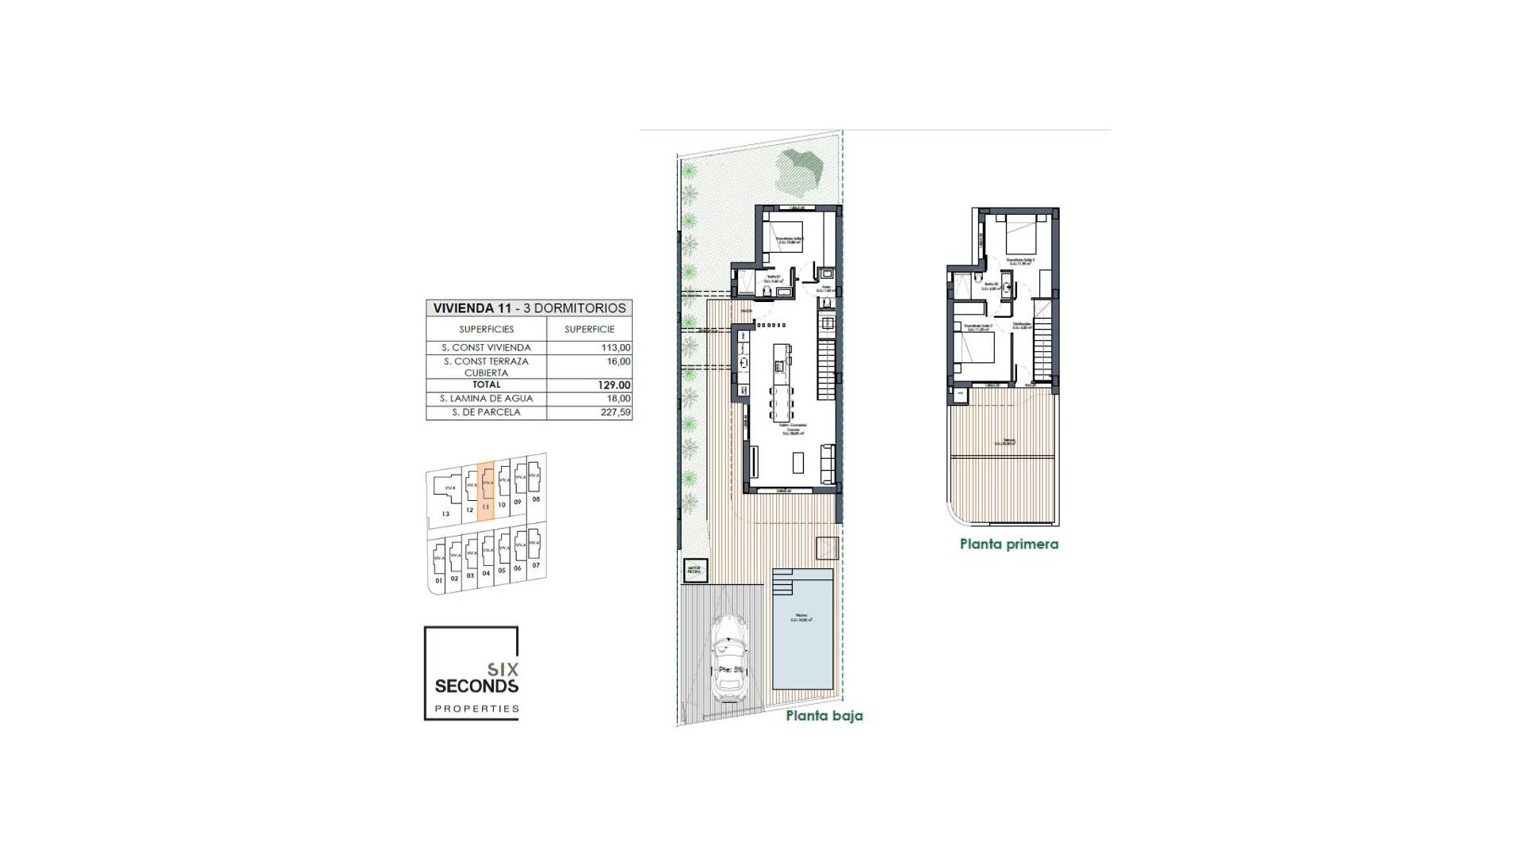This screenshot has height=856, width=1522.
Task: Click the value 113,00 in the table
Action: pos(615,347)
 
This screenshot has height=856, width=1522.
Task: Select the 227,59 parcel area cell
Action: pos(615,412)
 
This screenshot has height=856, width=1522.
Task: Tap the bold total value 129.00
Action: pos(614,385)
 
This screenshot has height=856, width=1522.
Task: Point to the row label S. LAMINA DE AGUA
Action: pos(486,399)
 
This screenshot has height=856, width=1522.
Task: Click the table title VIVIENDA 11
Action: pos(472,308)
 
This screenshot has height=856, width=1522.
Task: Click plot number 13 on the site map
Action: pos(446,514)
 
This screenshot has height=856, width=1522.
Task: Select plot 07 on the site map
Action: pos(536,565)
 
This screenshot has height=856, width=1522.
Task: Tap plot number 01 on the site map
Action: pos(438,581)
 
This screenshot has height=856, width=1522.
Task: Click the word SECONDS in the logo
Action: pos(476,686)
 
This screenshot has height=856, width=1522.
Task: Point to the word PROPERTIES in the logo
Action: pos(476,709)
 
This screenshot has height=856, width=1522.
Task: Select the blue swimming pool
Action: pos(803,634)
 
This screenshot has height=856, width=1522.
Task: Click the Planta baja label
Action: pos(824,716)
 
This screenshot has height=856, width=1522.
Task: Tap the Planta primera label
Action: pos(1008,545)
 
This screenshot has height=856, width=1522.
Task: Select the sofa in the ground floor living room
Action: pos(827,463)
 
